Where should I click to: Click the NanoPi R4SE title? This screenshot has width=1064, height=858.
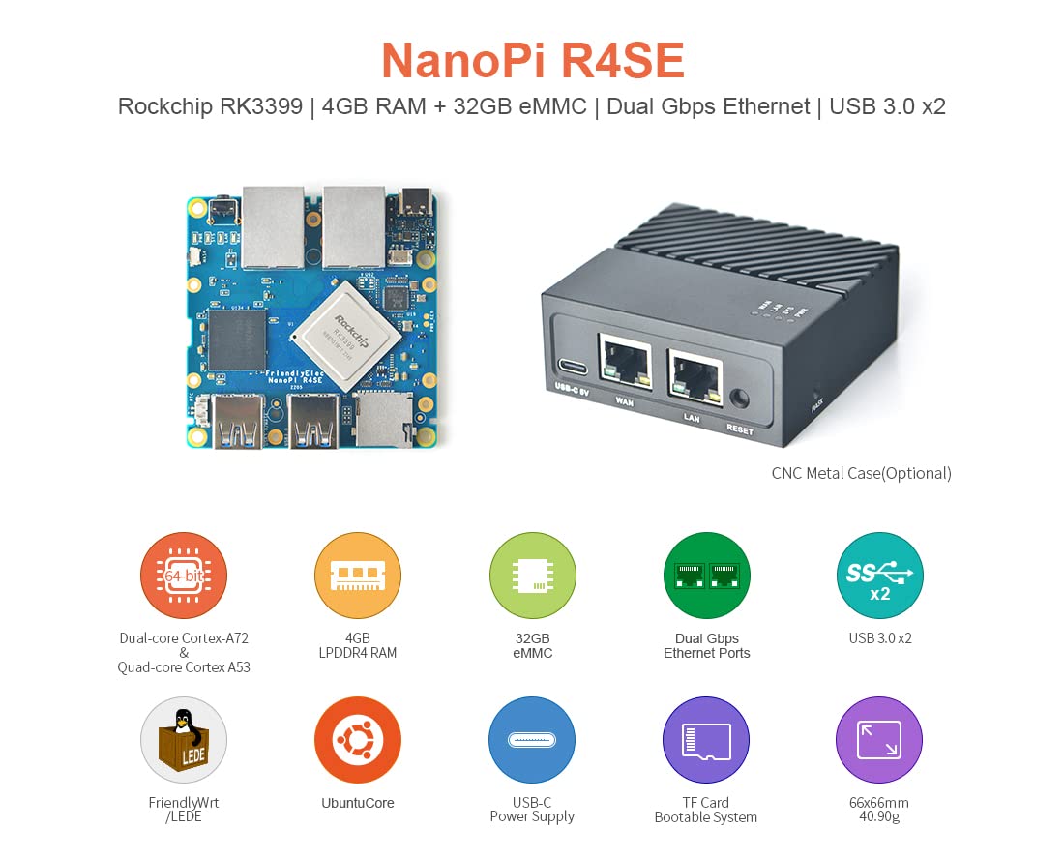coord(532,60)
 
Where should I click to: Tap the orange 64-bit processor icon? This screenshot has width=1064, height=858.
coord(184,576)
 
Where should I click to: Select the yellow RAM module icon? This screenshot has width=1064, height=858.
coord(358,576)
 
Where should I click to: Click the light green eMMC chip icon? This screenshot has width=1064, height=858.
coord(532,576)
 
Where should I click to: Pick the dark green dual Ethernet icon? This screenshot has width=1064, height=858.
coord(706,576)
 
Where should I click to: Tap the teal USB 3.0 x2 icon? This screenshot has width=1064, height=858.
coord(879,576)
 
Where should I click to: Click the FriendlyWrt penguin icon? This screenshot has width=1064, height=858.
coord(184,740)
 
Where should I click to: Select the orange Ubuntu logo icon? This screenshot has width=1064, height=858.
coord(358,740)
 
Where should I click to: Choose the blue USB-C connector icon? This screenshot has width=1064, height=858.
coord(532,740)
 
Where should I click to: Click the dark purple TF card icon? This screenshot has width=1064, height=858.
coord(706,740)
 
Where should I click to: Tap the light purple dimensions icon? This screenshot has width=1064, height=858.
coord(879,740)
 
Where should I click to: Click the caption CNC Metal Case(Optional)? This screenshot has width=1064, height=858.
coord(861,473)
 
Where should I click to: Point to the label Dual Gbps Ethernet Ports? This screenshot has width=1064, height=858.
coord(706,645)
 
